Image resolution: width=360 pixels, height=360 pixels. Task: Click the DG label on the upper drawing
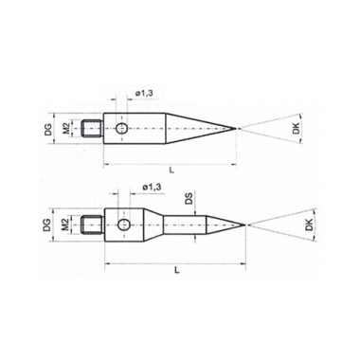coord(48,129)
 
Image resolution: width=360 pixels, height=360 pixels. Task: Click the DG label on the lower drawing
coord(46,225)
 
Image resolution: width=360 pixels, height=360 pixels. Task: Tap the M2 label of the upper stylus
coord(67,129)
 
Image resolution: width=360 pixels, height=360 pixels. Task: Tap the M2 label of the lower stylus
coord(66,225)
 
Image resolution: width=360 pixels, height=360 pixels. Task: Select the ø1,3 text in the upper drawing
coord(144,94)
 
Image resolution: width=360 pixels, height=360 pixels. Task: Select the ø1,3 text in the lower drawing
coord(153,187)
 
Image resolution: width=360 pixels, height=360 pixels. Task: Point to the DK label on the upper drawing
coord(296,129)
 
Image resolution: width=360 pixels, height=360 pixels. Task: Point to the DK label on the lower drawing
coord(310,225)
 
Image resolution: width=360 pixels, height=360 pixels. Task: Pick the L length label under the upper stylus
coord(171,171)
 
